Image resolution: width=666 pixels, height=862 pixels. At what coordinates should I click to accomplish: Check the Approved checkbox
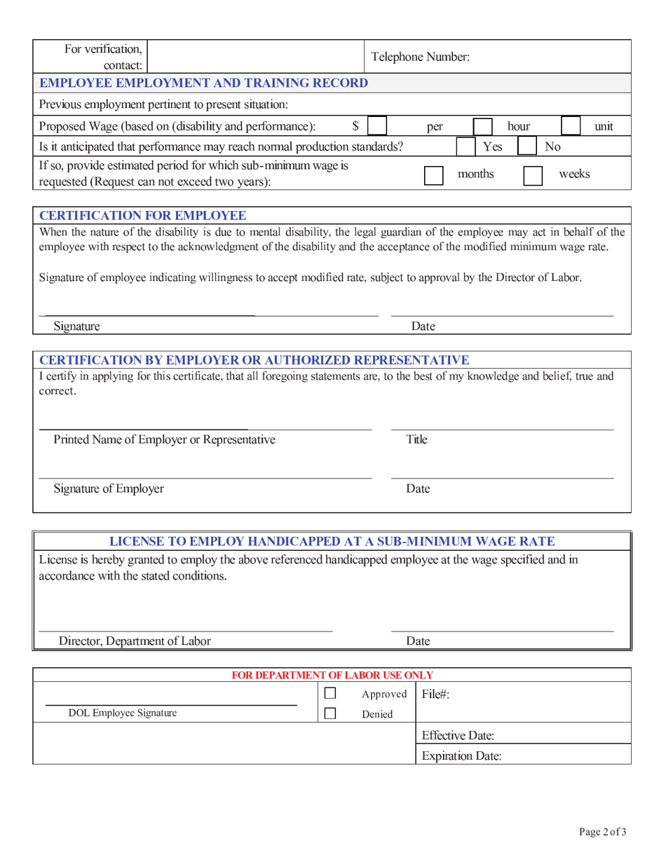point(330,694)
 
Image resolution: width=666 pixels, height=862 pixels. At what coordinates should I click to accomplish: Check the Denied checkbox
point(330,714)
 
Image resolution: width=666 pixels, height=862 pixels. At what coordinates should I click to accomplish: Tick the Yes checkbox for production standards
point(467,146)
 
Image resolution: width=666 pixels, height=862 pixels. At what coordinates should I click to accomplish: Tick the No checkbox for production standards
point(527,146)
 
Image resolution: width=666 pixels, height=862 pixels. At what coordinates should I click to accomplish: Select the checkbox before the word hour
point(482,126)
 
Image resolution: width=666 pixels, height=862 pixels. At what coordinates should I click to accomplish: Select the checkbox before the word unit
point(571,126)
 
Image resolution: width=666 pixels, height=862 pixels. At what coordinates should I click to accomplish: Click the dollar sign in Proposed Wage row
point(355,126)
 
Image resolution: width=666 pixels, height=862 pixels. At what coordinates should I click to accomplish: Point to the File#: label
point(435,694)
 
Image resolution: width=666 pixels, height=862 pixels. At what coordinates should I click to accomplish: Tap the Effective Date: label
point(458,736)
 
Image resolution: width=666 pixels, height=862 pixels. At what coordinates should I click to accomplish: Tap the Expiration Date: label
point(461,756)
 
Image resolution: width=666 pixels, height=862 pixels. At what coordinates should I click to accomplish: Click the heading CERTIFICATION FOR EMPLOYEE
point(142,214)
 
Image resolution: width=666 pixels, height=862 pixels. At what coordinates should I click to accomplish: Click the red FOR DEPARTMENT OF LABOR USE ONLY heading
point(332,675)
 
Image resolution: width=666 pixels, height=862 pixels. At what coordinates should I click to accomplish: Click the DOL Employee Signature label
point(122,713)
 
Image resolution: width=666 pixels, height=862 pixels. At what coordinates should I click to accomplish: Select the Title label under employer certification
point(416,439)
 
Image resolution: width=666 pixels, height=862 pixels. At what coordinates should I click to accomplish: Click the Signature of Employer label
point(109,488)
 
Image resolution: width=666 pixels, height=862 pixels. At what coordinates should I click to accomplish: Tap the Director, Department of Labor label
point(134,641)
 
